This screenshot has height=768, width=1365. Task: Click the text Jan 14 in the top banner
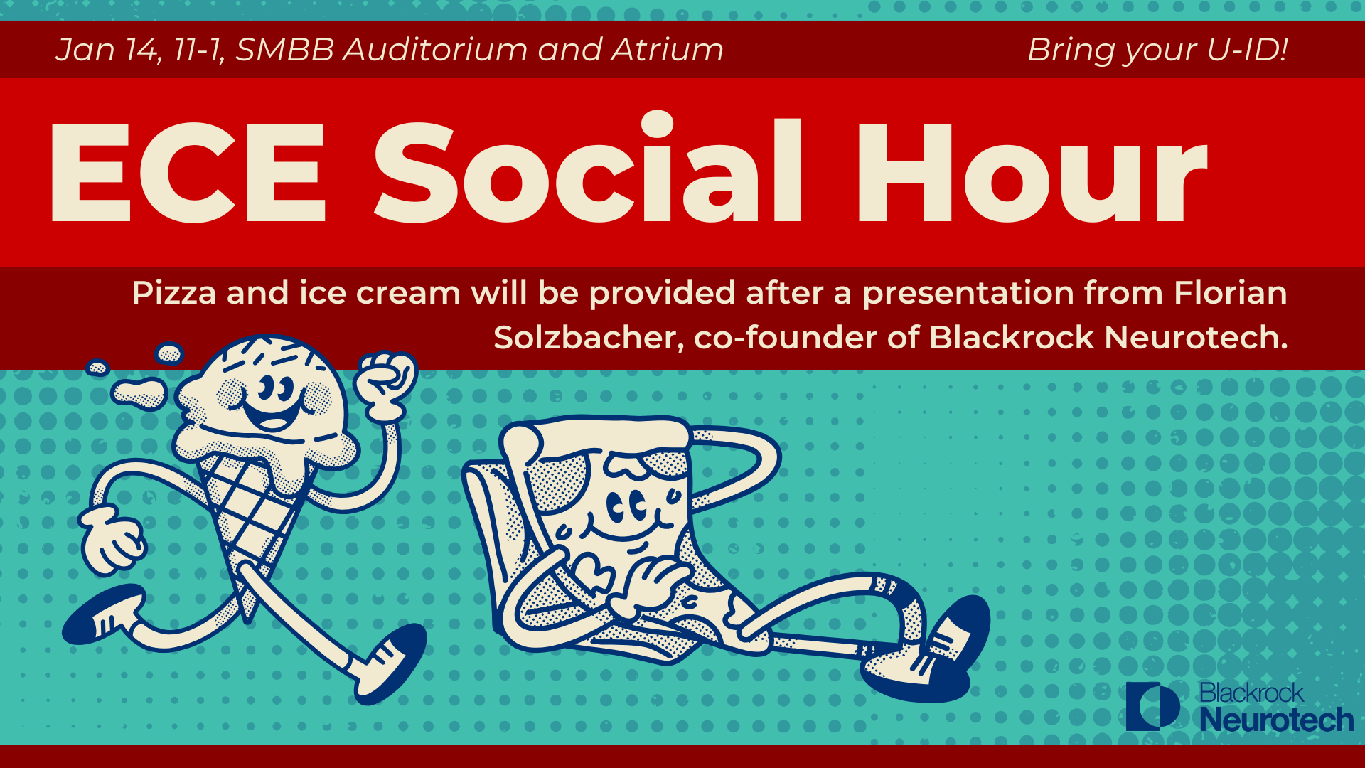tap(107, 50)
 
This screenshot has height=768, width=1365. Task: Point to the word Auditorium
tap(436, 50)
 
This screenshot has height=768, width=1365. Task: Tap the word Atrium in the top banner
tap(668, 50)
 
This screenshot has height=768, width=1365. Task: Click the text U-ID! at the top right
tap(1248, 50)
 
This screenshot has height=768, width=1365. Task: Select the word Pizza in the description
tap(174, 293)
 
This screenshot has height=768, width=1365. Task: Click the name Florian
tap(1231, 292)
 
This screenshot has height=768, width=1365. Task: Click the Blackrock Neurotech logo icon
tap(1152, 706)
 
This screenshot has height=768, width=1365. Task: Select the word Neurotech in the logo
tap(1277, 720)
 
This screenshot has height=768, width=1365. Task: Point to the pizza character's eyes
tap(626, 507)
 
